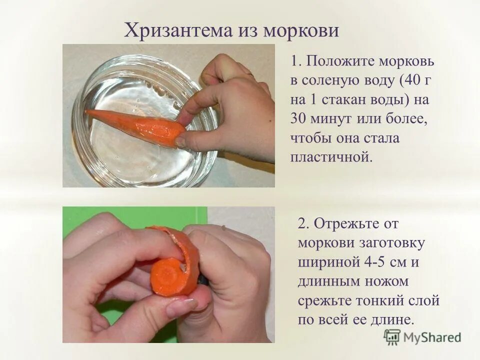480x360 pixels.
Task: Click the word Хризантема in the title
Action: coord(176,31)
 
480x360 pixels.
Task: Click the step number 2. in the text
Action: coord(304,223)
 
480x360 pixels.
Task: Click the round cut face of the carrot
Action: coord(168,273)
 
